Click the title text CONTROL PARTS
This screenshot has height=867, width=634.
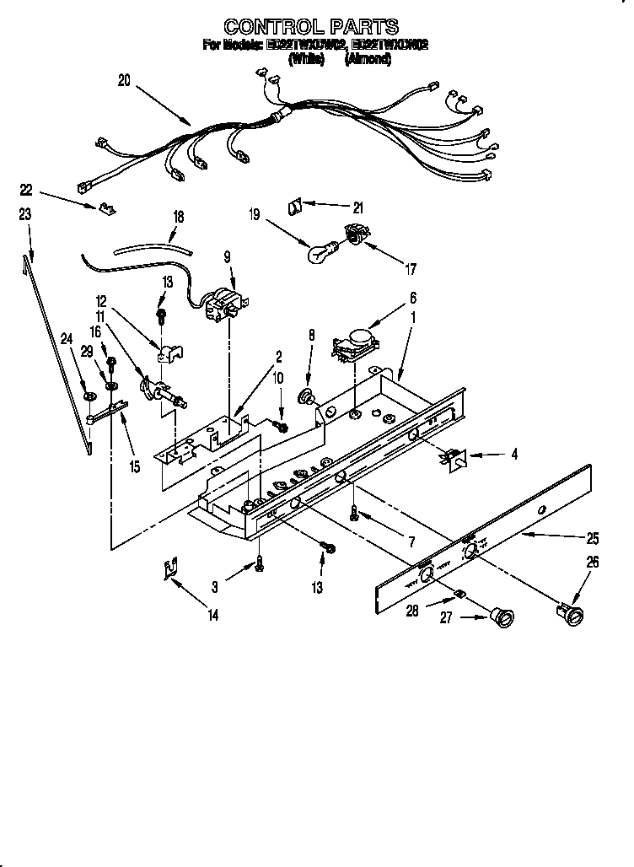point(311,27)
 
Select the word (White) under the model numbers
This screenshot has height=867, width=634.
point(306,60)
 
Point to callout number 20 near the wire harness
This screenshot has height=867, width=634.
point(125,81)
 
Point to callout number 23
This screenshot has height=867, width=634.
point(24,215)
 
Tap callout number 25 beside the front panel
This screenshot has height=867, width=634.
point(593,536)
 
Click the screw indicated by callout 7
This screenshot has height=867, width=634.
point(354,512)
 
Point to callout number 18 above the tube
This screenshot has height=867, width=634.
point(178,217)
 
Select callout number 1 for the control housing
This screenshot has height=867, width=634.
point(413,320)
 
